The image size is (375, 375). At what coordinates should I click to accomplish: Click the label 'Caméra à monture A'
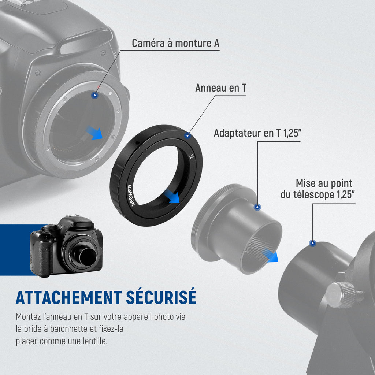coord(175,43)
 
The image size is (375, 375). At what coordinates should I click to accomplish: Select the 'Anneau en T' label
coord(220,88)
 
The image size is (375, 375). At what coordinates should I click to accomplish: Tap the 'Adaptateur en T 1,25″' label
coord(257,133)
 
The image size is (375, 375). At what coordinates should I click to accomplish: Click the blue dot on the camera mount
coord(95,96)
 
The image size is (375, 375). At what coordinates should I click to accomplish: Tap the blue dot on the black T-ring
coord(187,136)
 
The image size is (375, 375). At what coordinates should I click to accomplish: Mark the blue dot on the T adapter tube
coord(257,207)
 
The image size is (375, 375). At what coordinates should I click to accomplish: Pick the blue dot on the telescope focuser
coord(312,244)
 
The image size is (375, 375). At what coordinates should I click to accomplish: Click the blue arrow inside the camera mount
coord(94,133)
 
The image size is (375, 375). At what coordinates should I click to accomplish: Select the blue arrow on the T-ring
coord(172,196)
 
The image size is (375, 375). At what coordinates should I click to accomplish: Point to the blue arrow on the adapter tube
coord(271,255)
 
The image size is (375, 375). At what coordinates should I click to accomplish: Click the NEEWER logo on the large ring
coord(131,195)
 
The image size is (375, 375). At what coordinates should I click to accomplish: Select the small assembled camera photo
coord(67,246)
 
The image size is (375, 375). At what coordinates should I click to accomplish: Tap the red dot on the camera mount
coord(98,86)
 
